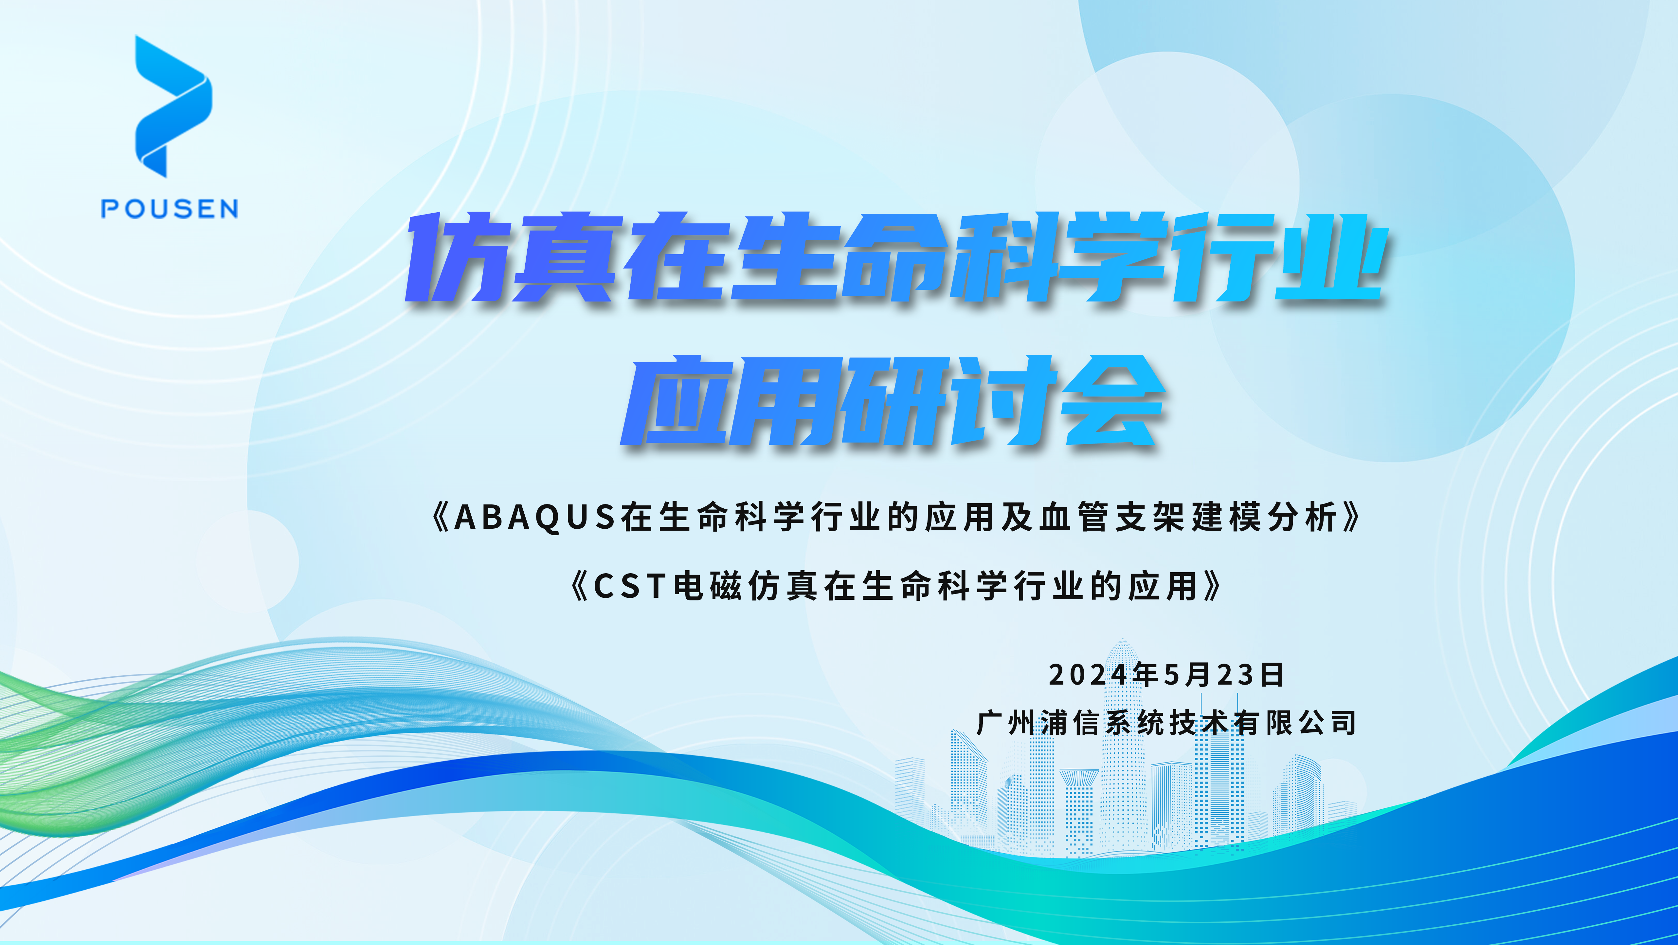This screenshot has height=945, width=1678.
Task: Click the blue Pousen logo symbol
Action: pos(172,106)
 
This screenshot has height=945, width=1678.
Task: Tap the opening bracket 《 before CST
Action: pos(579,586)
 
